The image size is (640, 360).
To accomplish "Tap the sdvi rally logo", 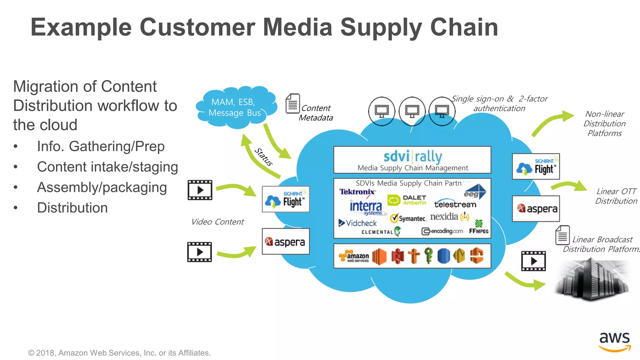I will pyautogui.click(x=412, y=157).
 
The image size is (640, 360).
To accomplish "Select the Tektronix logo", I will pyautogui.click(x=357, y=192).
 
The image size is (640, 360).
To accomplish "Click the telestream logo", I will pyautogui.click(x=455, y=204).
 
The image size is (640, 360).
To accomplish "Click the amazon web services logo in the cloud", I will pyautogui.click(x=354, y=257).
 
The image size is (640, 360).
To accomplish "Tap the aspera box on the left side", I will pyautogui.click(x=286, y=242).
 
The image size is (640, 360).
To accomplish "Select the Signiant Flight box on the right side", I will pyautogui.click(x=536, y=167).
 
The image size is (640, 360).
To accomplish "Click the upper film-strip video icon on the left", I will pyautogui.click(x=200, y=190).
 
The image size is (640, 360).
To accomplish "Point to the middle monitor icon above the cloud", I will pyautogui.click(x=412, y=111).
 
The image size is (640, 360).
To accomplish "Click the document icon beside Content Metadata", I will pyautogui.click(x=292, y=103).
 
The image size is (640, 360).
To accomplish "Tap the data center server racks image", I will pyautogui.click(x=592, y=279).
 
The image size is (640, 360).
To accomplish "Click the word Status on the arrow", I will pyautogui.click(x=263, y=157).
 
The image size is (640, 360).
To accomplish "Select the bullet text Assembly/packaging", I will pyautogui.click(x=102, y=187).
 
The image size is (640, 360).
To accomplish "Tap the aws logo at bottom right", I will pyautogui.click(x=614, y=341).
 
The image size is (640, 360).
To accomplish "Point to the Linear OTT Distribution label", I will pyautogui.click(x=616, y=196).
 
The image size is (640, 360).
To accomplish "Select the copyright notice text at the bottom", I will pyautogui.click(x=119, y=353).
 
